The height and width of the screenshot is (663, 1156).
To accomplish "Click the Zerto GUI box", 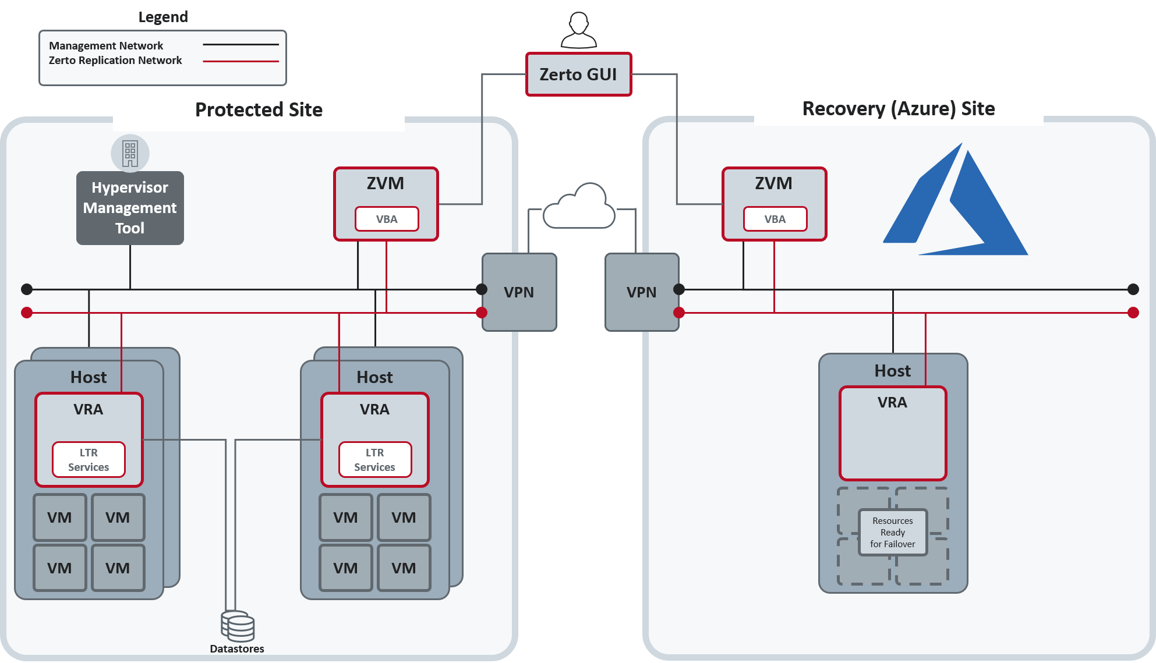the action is pos(578,75).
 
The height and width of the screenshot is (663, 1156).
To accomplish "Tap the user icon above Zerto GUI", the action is pos(579,30).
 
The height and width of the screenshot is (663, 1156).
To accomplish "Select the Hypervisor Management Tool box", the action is pos(130,208).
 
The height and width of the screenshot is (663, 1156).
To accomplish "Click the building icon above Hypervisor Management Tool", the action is pos(130,154).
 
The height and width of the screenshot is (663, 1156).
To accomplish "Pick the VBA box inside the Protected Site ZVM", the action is pos(387,219).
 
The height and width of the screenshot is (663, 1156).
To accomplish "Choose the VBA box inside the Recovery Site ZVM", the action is pos(775,219).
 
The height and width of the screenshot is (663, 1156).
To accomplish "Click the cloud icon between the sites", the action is pos(579,206).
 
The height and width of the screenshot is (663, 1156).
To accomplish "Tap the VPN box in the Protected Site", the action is pos(519,292).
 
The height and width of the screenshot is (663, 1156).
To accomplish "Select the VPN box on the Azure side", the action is pos(642,292).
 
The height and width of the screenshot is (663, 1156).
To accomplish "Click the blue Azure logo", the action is pos(956,200).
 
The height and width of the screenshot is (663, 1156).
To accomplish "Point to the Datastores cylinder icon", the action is pos(238,626).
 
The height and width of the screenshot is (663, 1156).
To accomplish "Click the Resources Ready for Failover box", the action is pos(893,532).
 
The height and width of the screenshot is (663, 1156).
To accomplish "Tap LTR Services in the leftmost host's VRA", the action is pos(89,460).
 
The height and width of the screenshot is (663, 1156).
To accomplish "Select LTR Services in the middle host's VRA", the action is pos(375,460).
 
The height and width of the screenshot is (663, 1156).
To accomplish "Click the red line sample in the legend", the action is pos(241,61).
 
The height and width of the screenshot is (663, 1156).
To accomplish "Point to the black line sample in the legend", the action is pos(241,44).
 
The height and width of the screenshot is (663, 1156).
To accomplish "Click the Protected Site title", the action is pos(259,109).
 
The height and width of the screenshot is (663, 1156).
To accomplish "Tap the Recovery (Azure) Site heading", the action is pos(899,109).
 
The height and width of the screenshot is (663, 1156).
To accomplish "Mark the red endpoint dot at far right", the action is pos(1133,313).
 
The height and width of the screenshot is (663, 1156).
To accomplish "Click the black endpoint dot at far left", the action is pos(27,289).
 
